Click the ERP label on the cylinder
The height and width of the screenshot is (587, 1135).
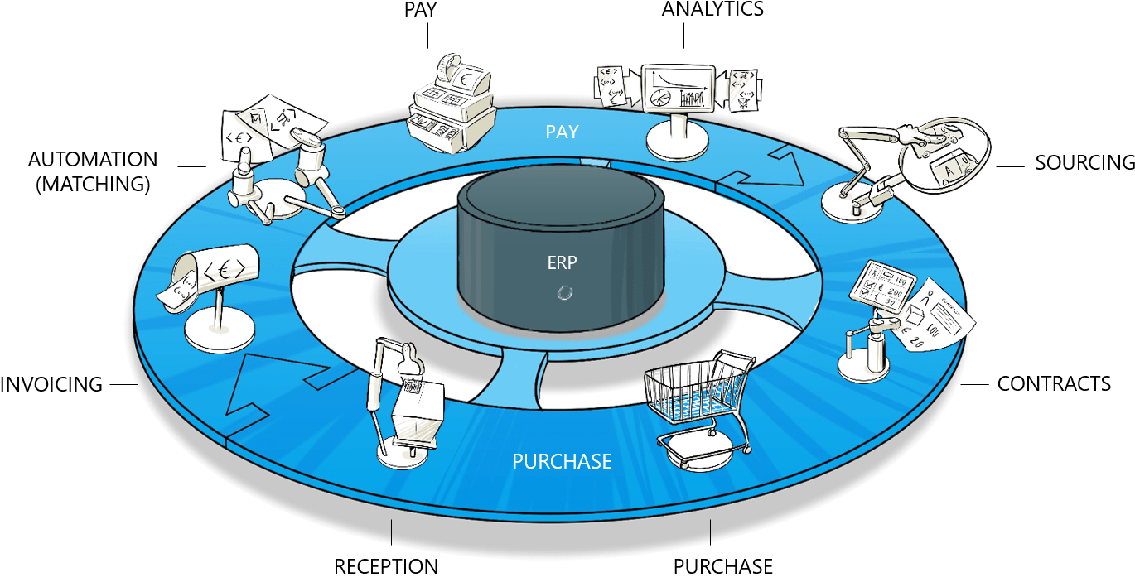click(x=562, y=263)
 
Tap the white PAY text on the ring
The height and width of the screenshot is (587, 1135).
click(x=562, y=132)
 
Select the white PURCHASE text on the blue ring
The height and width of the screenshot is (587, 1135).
click(x=562, y=461)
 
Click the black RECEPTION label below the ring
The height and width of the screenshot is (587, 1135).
click(x=386, y=567)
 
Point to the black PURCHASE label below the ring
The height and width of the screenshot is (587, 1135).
click(x=722, y=567)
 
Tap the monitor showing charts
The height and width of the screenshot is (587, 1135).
click(x=679, y=89)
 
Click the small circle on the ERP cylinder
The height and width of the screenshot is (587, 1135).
click(x=565, y=291)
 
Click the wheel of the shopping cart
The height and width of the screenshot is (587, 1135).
click(x=747, y=450)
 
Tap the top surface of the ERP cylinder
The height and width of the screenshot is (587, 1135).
click(x=560, y=198)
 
